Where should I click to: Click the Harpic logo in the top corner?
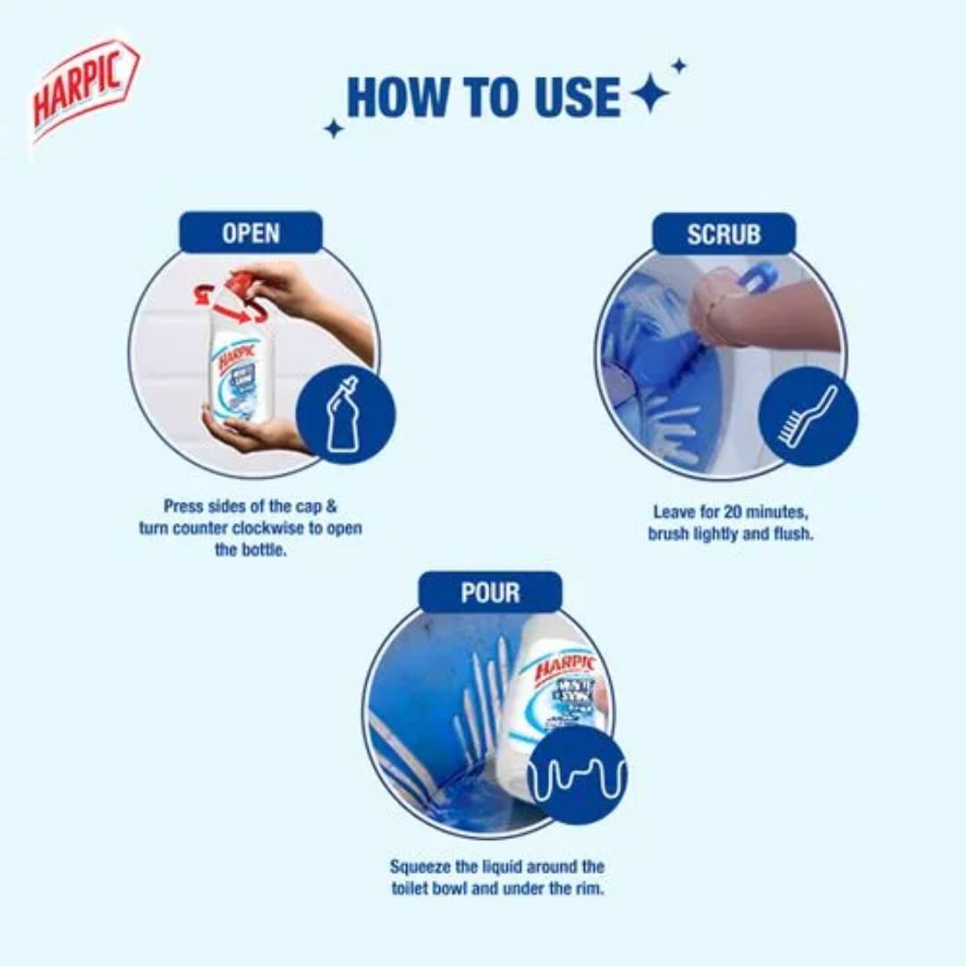(85, 89)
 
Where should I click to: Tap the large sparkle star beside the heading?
(649, 94)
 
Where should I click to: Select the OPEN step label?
(250, 233)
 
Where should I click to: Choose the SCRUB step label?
(724, 234)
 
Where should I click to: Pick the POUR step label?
(490, 593)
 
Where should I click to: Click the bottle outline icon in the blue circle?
(343, 414)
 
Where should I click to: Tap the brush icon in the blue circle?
(808, 416)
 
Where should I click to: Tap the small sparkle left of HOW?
(334, 129)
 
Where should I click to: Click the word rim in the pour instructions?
(588, 889)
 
